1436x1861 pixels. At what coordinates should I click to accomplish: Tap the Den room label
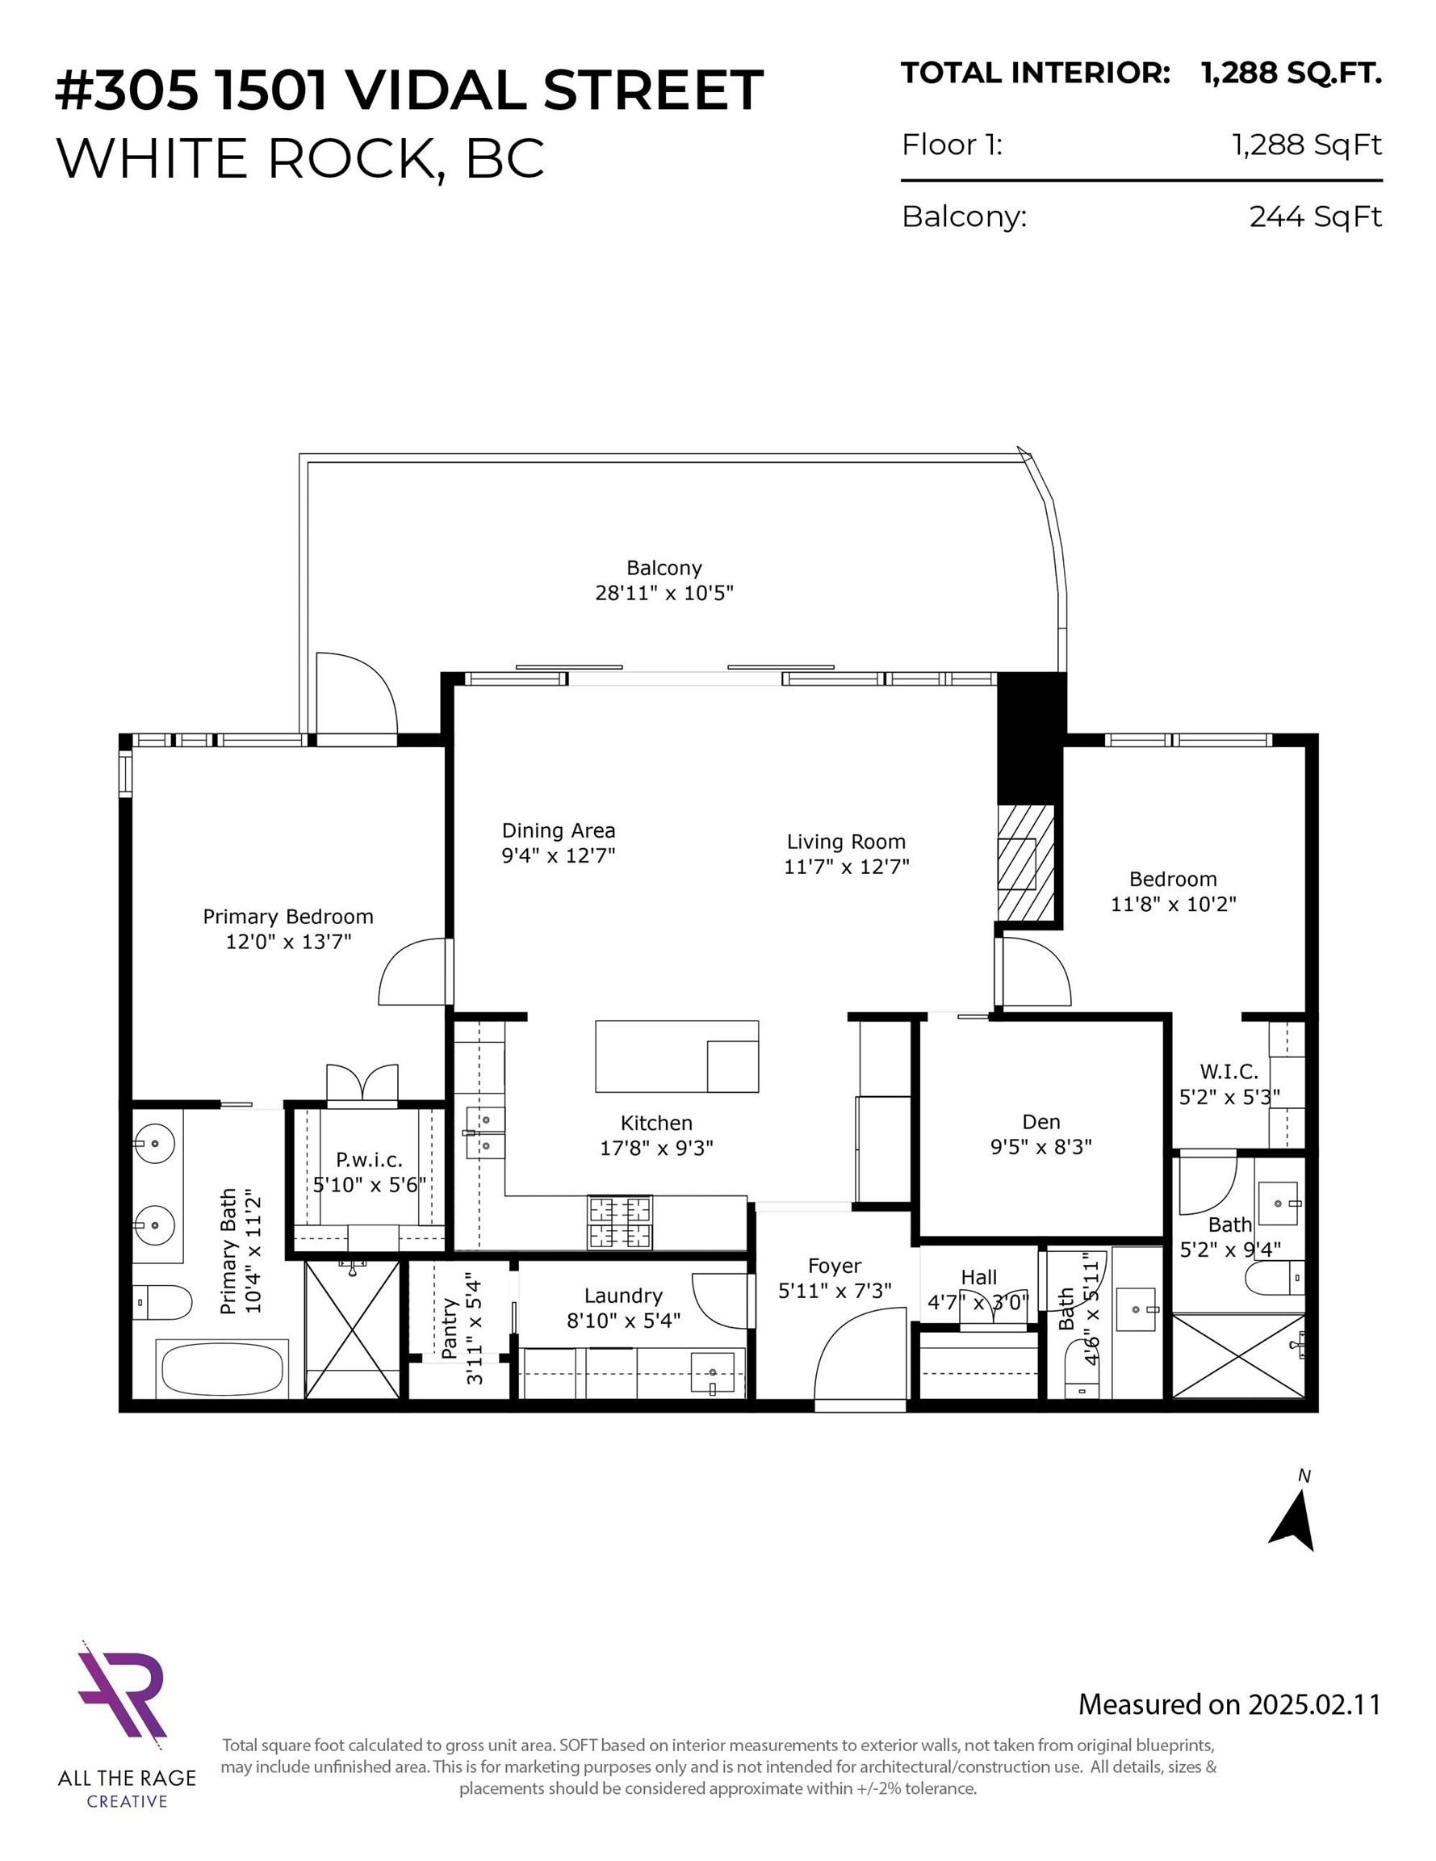coord(1040,1122)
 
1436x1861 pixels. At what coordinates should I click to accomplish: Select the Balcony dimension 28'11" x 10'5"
coord(664,592)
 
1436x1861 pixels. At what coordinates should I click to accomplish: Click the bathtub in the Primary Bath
coord(222,1369)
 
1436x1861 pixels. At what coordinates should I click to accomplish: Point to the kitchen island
coord(676,1056)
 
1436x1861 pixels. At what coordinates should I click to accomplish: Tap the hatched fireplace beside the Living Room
coord(1026,863)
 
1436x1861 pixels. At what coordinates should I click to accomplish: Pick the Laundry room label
coord(623,1296)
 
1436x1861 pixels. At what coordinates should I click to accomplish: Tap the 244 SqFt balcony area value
coord(1315,216)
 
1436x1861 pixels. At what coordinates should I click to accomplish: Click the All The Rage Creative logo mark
coord(122,1690)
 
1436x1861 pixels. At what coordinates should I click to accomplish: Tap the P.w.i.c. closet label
coord(369,1160)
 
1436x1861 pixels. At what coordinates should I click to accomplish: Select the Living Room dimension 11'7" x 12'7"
coord(847,867)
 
